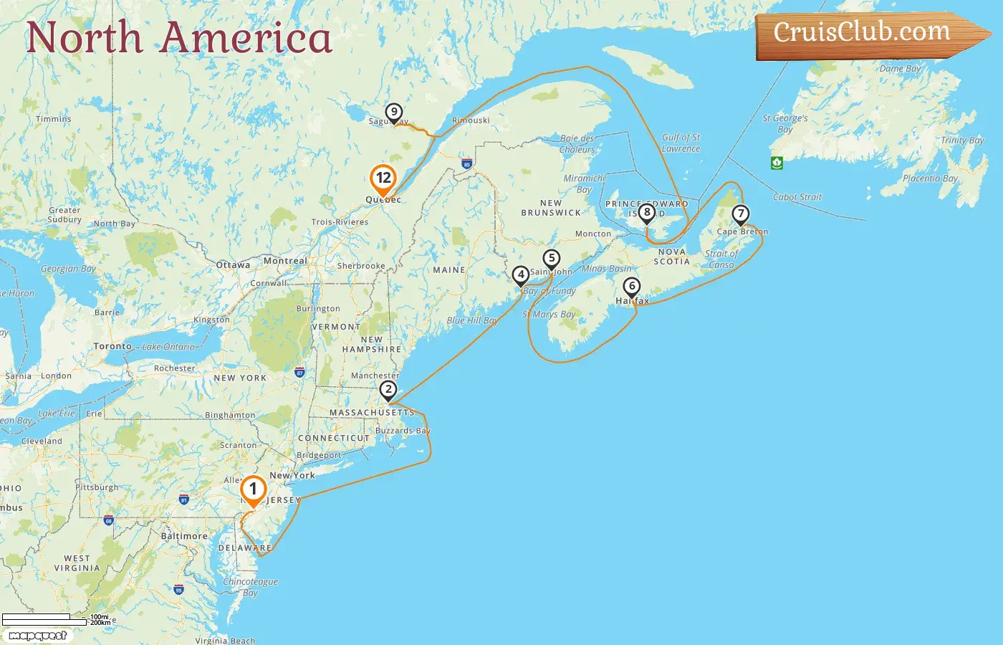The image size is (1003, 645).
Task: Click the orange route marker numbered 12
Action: [383, 178]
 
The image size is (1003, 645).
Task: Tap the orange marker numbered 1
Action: [253, 489]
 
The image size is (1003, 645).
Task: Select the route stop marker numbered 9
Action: [393, 113]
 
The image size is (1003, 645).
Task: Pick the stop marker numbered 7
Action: [740, 214]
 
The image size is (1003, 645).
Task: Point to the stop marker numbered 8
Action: [647, 212]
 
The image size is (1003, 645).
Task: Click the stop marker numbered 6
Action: [631, 287]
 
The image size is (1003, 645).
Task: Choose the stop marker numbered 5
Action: [551, 259]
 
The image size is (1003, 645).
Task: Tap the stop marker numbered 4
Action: [521, 274]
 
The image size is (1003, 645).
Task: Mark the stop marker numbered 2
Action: [388, 391]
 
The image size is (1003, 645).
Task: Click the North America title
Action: [179, 38]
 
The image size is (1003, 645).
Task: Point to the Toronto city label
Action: [112, 346]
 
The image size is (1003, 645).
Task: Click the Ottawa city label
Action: [234, 265]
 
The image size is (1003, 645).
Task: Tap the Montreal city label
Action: [285, 261]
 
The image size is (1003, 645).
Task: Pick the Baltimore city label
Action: [184, 536]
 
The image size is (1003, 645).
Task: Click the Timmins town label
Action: [54, 119]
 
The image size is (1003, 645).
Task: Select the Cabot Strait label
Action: [797, 197]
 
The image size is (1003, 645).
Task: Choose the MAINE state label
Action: [449, 270]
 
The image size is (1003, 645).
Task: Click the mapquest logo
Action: [37, 636]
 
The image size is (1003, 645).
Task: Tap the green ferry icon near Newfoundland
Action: [777, 163]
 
